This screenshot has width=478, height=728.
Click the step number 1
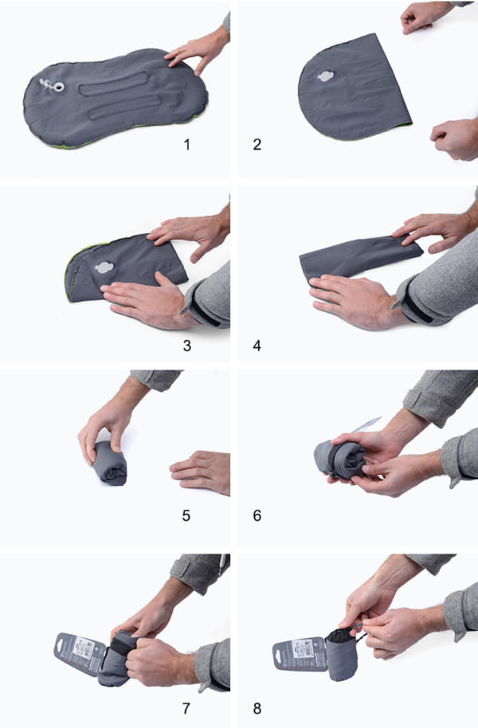tap(187, 145)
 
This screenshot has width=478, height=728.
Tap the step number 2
tap(257, 145)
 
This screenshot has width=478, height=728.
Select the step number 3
tap(186, 346)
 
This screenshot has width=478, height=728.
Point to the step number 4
tap(257, 346)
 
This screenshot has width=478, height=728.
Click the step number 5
tap(186, 515)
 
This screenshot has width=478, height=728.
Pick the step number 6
tap(257, 515)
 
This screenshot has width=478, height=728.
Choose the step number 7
tap(186, 706)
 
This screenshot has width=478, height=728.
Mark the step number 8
tap(257, 706)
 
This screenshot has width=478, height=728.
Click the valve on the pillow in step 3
tap(104, 268)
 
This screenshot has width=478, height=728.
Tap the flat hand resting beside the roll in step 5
tap(201, 470)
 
